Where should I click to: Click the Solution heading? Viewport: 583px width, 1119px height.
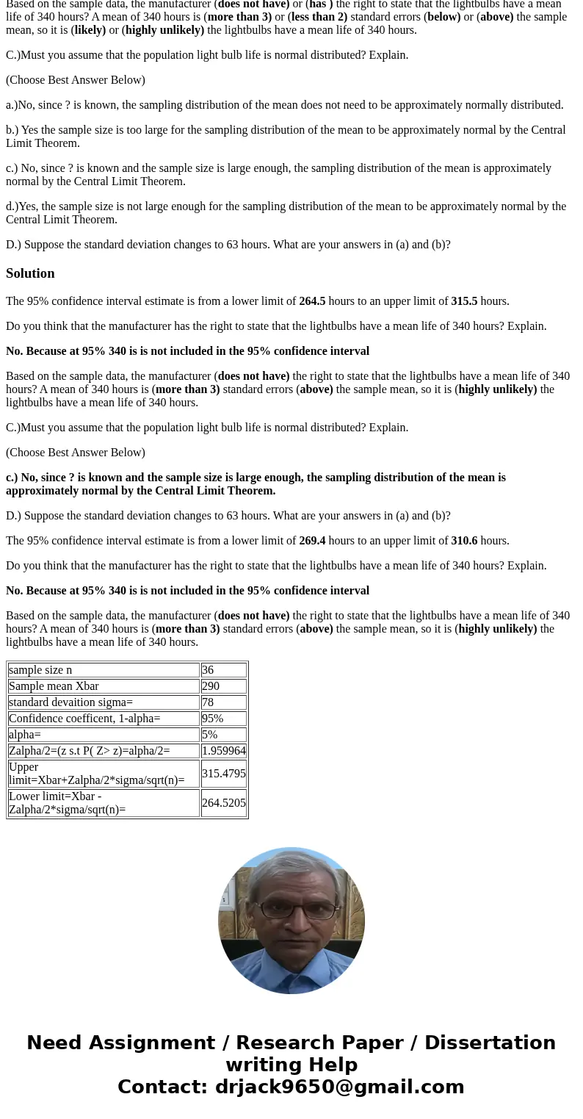point(30,273)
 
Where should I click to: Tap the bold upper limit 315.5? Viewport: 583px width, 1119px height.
point(464,301)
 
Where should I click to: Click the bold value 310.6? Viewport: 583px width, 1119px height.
point(464,541)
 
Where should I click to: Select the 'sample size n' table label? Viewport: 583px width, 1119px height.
point(40,670)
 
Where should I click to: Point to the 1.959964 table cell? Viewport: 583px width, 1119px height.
point(224,751)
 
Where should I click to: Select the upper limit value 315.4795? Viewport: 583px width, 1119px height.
point(224,774)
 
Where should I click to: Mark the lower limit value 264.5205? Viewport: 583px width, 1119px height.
point(224,803)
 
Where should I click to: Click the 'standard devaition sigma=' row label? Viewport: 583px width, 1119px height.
point(70,702)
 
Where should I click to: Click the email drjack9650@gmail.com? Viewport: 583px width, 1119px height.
point(339,1087)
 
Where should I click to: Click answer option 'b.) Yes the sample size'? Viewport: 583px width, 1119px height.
point(286,137)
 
